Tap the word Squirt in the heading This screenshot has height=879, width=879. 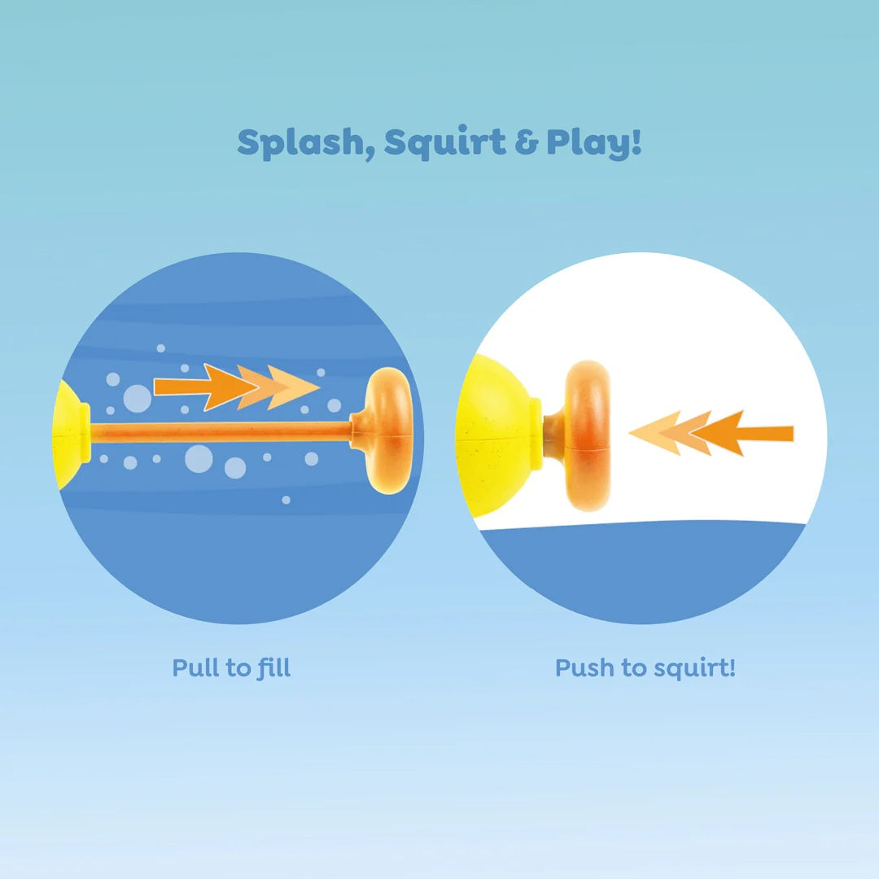(x=445, y=142)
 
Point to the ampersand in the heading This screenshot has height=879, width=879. (x=527, y=142)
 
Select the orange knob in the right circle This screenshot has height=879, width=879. (x=585, y=435)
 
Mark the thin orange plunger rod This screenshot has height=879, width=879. (x=221, y=433)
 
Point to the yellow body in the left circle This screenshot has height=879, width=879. (x=71, y=435)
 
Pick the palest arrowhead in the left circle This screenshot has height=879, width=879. (x=293, y=387)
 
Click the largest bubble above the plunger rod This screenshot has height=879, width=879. (x=138, y=399)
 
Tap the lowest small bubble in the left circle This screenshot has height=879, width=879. (x=286, y=500)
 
